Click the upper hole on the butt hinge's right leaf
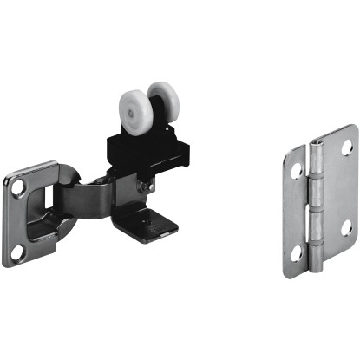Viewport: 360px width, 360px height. (x=346, y=148)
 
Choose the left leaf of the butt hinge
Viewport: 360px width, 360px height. (x=297, y=213)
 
